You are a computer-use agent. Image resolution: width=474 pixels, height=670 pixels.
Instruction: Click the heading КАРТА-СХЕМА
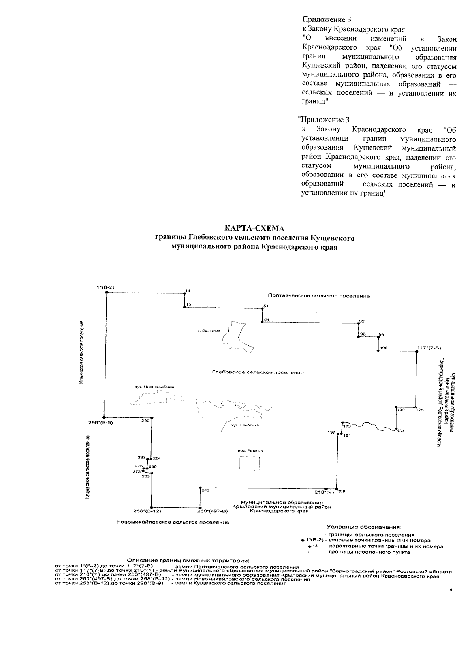click(x=254, y=228)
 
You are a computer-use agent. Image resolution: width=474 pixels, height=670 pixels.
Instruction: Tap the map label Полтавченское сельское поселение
click(x=318, y=296)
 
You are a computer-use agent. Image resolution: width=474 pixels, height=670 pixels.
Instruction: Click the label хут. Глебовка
click(x=245, y=425)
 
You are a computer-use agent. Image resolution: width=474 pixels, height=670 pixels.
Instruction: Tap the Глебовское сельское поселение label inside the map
click(x=258, y=372)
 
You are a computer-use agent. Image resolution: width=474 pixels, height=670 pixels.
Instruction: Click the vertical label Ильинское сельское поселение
click(x=81, y=353)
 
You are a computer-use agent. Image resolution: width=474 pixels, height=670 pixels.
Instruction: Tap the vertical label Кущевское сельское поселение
click(x=87, y=466)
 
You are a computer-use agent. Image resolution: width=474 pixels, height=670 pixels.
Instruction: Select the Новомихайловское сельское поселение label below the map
click(x=173, y=522)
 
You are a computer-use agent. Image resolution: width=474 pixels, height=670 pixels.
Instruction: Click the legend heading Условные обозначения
click(x=363, y=527)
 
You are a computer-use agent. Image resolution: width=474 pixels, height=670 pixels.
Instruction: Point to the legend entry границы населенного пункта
click(x=367, y=552)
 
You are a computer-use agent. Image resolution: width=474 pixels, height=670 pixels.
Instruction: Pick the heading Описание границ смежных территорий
click(x=188, y=560)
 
